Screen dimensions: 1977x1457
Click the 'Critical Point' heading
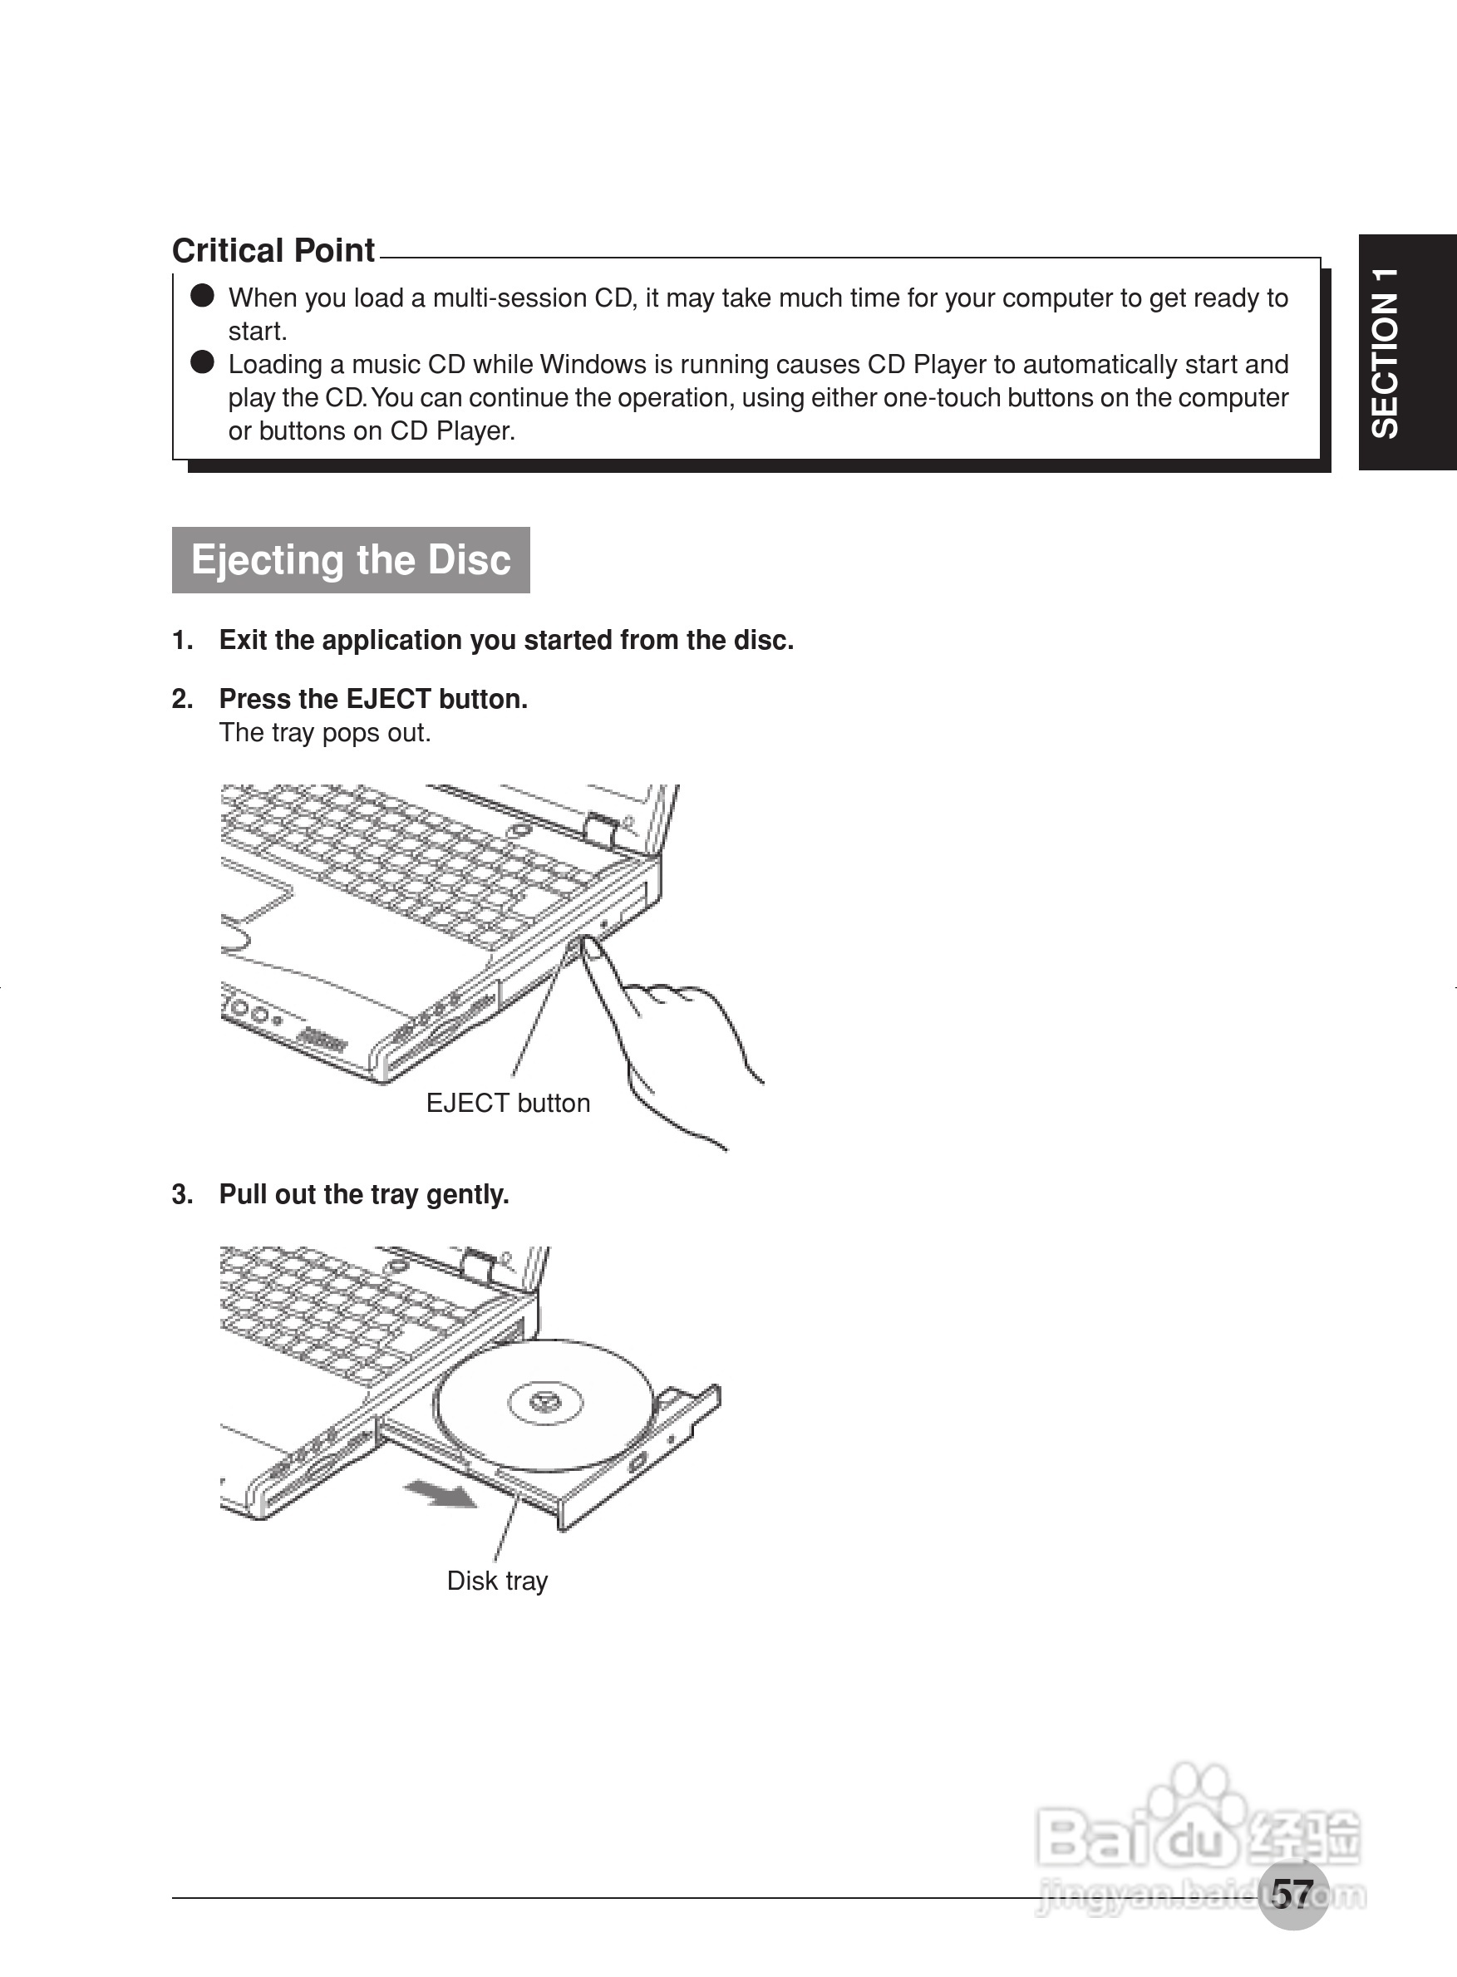point(273,250)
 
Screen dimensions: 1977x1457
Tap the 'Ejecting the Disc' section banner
point(350,560)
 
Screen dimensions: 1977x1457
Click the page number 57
point(1292,1894)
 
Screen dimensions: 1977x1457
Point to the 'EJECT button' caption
point(508,1103)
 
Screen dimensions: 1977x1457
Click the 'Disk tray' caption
point(497,1581)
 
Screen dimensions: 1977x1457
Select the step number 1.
point(182,640)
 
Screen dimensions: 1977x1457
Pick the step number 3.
point(182,1195)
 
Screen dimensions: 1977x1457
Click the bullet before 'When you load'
point(203,295)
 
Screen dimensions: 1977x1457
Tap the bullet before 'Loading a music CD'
point(203,362)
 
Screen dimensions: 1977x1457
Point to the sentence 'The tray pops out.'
point(324,733)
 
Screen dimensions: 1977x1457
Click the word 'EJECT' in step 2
point(387,699)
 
